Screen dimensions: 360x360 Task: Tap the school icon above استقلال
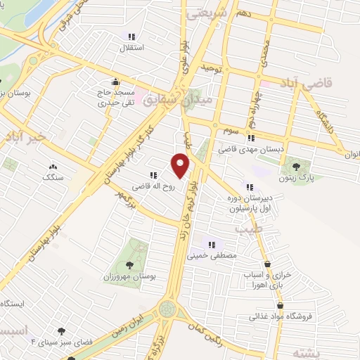click(x=130, y=37)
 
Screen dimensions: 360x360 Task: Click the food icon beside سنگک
click(x=52, y=167)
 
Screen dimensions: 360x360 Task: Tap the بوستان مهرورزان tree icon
click(x=129, y=264)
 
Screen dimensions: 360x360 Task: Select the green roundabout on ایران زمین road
click(x=169, y=309)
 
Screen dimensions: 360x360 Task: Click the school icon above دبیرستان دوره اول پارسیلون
click(x=250, y=187)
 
